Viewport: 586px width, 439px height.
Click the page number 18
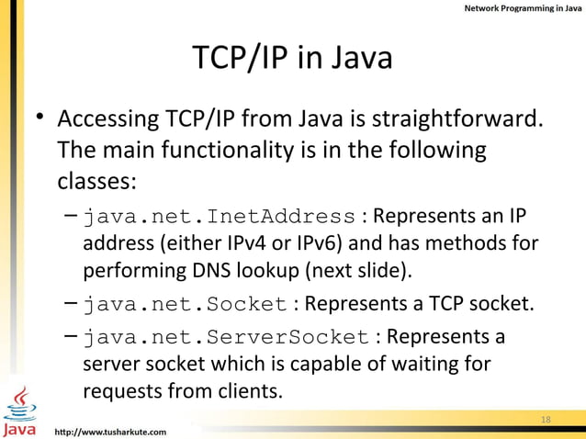[x=546, y=419]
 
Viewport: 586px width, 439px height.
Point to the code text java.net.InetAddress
[x=220, y=217]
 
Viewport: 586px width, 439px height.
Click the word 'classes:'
[x=96, y=179]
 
